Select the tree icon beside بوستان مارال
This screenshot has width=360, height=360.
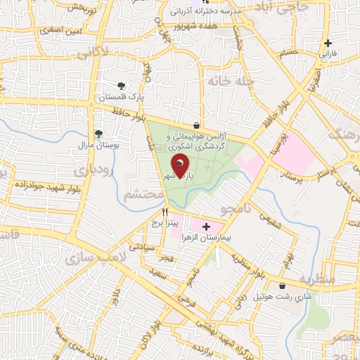pos(98,134)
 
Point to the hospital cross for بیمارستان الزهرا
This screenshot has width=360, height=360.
pos(206,226)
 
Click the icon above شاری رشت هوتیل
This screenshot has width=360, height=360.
pos(283,286)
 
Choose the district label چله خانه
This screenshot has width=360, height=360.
pos(229,80)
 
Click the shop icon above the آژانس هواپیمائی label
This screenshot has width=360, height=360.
pos(204,122)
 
